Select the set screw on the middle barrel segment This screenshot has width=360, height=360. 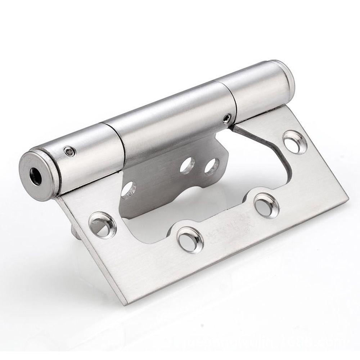click(x=226, y=117)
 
